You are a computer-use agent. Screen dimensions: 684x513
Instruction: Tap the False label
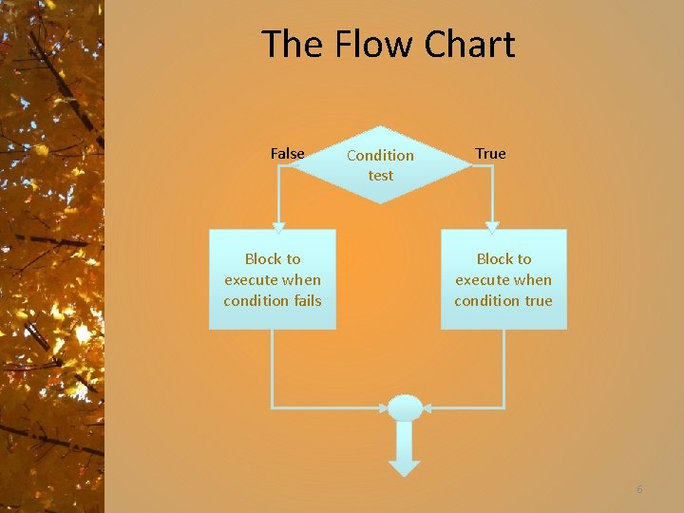(x=287, y=154)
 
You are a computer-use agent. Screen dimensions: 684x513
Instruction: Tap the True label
(x=490, y=154)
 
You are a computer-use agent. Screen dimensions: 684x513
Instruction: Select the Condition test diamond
(x=380, y=164)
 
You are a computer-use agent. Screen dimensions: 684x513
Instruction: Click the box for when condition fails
(x=272, y=279)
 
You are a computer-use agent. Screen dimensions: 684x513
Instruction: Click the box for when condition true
(x=503, y=279)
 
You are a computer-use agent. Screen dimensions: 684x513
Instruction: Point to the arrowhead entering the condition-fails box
(x=278, y=226)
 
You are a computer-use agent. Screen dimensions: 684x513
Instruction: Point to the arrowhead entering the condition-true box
(x=492, y=226)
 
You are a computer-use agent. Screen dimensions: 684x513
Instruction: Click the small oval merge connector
(x=405, y=408)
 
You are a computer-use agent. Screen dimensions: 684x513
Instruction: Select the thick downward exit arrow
(x=405, y=451)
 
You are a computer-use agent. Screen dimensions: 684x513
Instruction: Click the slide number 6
(x=639, y=489)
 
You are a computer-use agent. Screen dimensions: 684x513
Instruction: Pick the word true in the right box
(x=538, y=301)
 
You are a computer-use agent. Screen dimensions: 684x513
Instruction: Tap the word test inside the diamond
(x=381, y=176)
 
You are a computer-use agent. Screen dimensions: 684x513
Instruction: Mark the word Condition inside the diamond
(x=380, y=155)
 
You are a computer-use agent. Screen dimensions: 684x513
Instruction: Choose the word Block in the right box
(x=494, y=259)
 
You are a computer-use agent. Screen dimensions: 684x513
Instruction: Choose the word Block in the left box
(x=263, y=259)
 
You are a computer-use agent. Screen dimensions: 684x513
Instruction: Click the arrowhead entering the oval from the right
(x=427, y=408)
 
